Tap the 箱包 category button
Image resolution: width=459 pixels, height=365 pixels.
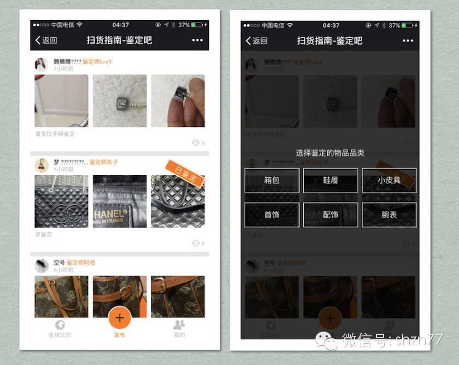pyautogui.click(x=272, y=180)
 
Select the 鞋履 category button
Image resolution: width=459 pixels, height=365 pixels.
pyautogui.click(x=330, y=180)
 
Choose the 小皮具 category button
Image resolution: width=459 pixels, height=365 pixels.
pyautogui.click(x=389, y=180)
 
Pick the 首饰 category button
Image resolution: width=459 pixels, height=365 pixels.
pyautogui.click(x=272, y=215)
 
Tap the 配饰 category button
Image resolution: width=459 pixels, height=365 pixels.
pyautogui.click(x=330, y=215)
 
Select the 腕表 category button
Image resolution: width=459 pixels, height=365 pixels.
pyautogui.click(x=389, y=215)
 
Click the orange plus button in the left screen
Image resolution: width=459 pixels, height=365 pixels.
pyautogui.click(x=120, y=318)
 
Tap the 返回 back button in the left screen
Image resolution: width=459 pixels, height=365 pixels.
pyautogui.click(x=46, y=40)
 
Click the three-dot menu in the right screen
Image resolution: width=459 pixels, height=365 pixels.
pyautogui.click(x=408, y=40)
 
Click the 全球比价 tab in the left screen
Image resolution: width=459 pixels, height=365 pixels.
pyautogui.click(x=60, y=329)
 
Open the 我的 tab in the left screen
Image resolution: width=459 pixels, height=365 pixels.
pyautogui.click(x=179, y=329)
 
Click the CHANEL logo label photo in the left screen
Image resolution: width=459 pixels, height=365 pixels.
pyautogui.click(x=120, y=201)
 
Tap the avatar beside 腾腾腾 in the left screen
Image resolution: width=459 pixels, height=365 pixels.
pyautogui.click(x=41, y=65)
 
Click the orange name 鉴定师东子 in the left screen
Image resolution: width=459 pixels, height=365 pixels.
pyautogui.click(x=104, y=162)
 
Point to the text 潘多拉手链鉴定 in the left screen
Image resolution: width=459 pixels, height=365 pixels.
pyautogui.click(x=55, y=134)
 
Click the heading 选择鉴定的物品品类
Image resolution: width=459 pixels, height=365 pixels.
pyautogui.click(x=330, y=153)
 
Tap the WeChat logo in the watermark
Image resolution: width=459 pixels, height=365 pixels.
pyautogui.click(x=329, y=341)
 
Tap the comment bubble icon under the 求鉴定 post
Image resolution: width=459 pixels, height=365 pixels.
pyautogui.click(x=196, y=243)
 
